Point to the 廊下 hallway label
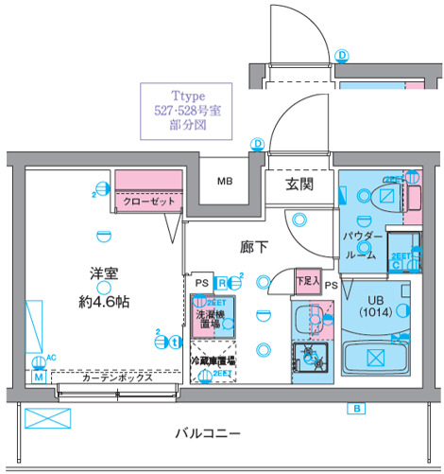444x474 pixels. point(252,248)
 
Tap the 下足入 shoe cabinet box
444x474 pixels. point(305,281)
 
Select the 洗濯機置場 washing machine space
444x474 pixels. point(209,317)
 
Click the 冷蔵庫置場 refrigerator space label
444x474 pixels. point(213,360)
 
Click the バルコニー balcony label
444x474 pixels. point(207,433)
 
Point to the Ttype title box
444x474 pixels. point(187,112)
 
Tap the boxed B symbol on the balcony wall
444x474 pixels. point(356,409)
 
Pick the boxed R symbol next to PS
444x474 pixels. point(220,281)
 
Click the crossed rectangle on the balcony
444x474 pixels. point(41,417)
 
